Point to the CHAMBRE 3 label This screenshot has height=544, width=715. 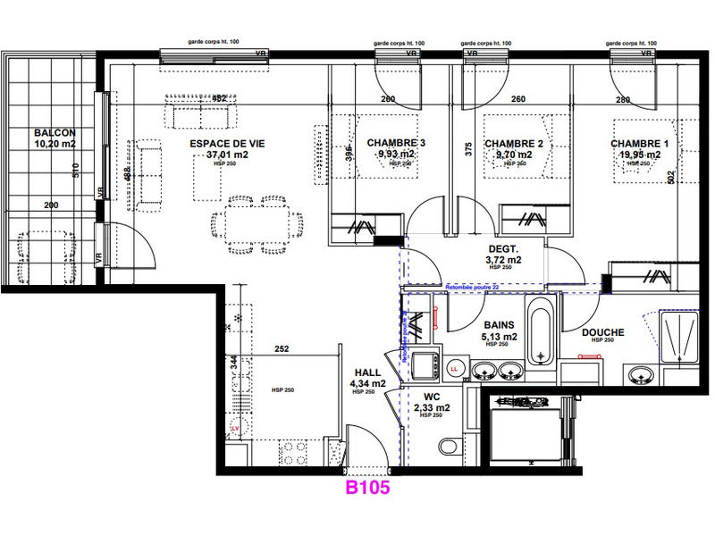click(396, 143)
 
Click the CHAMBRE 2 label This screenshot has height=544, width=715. click(514, 143)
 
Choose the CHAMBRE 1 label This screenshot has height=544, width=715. click(639, 143)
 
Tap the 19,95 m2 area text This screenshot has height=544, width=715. click(639, 155)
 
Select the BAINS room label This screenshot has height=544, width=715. click(499, 326)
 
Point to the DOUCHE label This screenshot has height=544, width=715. click(602, 333)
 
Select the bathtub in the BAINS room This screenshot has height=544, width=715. click(540, 332)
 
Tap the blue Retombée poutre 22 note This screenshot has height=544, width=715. click(473, 287)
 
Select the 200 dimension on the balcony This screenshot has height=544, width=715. click(50, 205)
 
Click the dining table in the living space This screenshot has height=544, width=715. click(251, 220)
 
